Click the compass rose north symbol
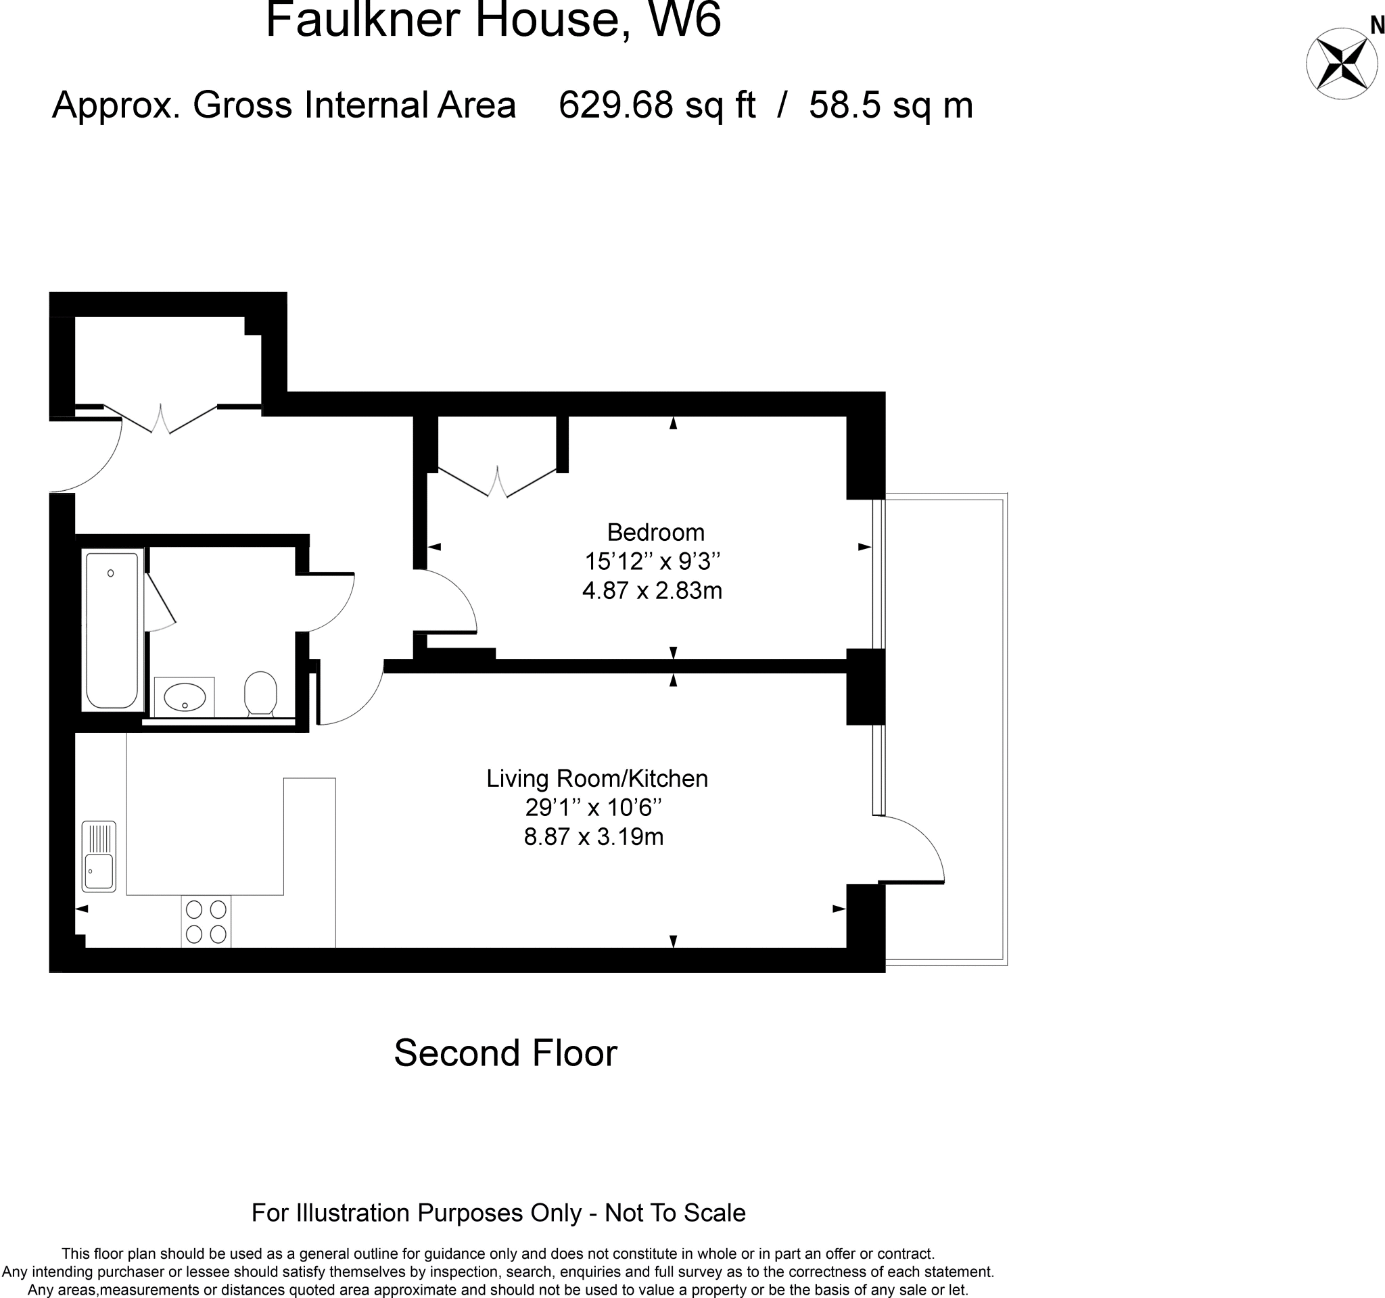[1342, 64]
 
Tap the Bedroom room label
[655, 533]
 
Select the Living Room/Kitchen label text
[597, 779]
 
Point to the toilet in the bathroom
[260, 693]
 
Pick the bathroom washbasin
[184, 696]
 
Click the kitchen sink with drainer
[99, 857]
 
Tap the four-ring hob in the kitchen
[206, 921]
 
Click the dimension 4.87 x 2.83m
[652, 592]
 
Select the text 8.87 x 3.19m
[594, 836]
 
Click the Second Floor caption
[505, 1053]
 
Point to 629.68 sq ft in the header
[656, 105]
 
